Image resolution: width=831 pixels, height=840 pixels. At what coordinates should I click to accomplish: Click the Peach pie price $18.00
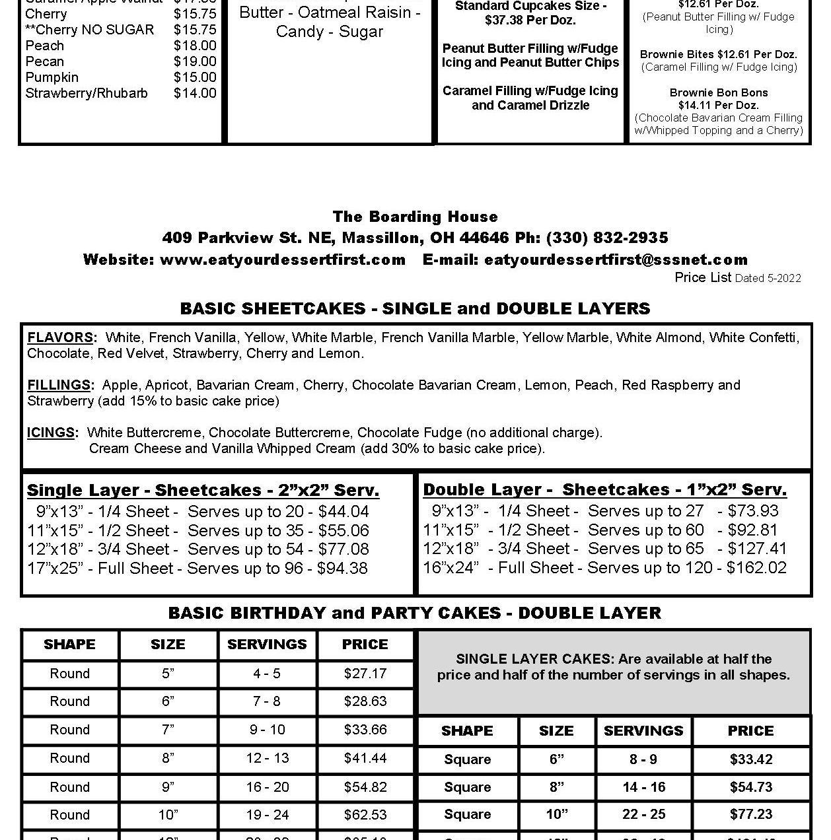195,46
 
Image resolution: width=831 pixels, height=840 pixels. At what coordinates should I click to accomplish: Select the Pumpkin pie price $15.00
195,77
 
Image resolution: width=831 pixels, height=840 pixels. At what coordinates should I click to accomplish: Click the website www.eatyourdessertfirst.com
282,260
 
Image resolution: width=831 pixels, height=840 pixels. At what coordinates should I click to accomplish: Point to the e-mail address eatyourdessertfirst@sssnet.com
616,260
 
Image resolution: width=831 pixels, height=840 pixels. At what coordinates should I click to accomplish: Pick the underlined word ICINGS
52,433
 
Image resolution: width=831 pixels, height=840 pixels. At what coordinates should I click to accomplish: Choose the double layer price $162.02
756,568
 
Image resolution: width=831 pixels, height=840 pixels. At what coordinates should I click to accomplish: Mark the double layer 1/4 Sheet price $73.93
753,511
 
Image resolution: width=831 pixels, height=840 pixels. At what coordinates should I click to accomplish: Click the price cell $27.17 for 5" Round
365,674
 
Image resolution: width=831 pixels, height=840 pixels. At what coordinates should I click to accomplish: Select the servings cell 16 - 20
267,787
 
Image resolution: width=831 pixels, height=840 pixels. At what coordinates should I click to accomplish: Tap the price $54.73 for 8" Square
751,787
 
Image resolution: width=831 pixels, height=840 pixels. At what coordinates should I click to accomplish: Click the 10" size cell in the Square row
556,814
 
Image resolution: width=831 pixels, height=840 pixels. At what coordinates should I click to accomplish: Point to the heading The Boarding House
415,217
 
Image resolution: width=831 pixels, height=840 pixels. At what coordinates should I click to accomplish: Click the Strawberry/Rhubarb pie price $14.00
195,93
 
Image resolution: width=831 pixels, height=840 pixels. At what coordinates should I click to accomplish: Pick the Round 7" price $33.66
365,730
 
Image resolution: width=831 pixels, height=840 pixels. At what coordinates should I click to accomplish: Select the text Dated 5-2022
768,278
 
